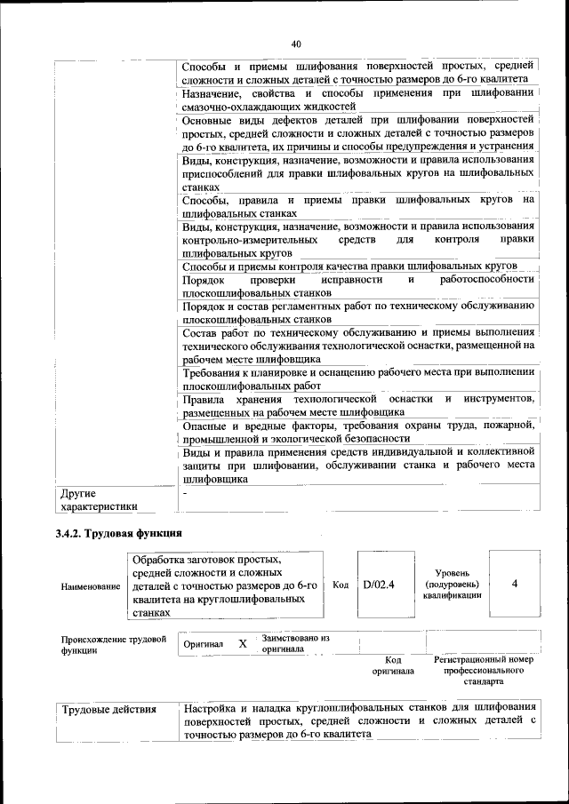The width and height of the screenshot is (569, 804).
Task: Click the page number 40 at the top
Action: click(296, 44)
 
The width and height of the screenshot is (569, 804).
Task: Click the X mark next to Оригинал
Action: click(242, 643)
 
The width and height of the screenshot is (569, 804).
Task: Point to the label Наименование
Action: click(92, 586)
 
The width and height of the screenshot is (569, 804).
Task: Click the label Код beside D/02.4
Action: click(340, 585)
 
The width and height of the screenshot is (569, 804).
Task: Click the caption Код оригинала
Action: click(393, 665)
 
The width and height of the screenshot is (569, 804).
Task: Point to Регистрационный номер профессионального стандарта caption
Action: click(484, 670)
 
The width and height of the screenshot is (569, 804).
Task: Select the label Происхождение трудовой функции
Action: click(114, 644)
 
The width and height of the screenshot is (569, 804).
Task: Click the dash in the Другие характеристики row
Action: click(185, 491)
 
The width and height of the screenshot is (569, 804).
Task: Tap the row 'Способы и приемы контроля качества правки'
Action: click(349, 266)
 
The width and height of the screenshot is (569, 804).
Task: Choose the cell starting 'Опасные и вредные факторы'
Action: click(357, 432)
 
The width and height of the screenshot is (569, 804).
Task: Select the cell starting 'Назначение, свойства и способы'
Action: click(357, 100)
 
